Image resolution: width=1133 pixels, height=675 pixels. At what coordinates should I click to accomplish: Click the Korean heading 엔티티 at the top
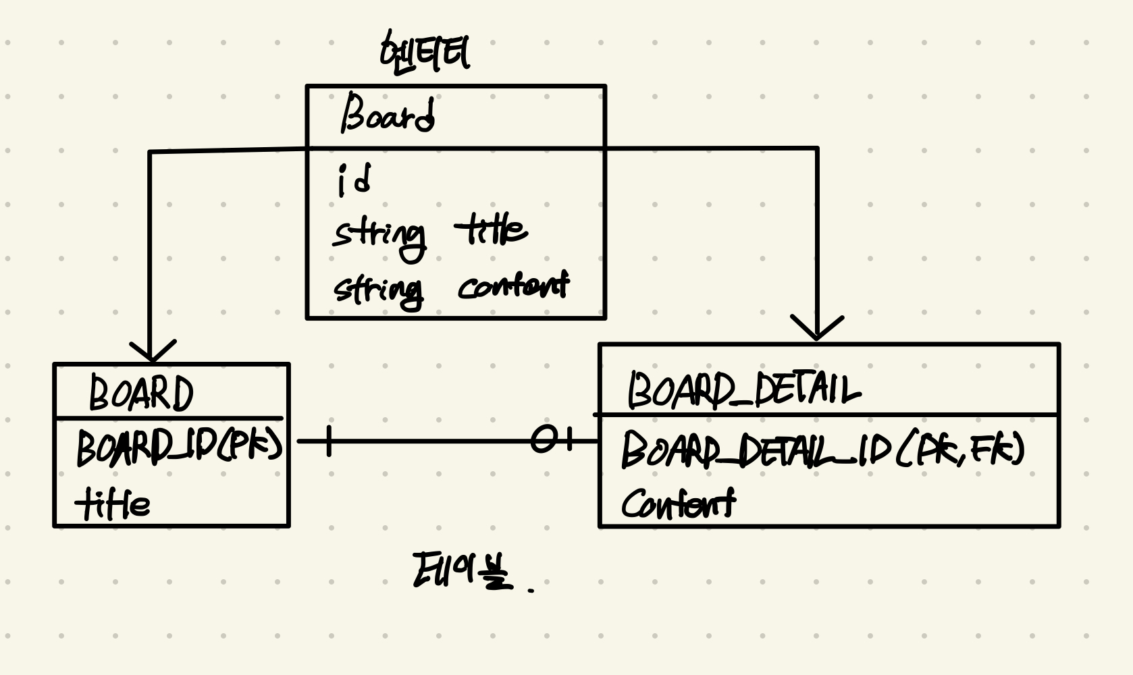[425, 53]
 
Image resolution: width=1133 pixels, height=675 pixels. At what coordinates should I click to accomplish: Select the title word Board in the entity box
[388, 115]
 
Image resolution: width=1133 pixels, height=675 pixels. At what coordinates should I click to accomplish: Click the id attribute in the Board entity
[354, 181]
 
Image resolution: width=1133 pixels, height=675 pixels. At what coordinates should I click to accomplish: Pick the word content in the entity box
[513, 286]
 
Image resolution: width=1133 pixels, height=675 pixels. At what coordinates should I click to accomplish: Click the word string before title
[379, 236]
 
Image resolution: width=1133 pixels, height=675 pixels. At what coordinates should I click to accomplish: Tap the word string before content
[379, 291]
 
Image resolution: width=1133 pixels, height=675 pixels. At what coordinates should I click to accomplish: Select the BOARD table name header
[141, 394]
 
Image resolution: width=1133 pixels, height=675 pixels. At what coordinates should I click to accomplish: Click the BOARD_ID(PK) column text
[179, 446]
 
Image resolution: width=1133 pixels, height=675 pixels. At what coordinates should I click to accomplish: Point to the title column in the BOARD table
[113, 504]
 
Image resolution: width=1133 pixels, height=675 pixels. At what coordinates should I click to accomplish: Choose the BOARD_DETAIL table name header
[744, 389]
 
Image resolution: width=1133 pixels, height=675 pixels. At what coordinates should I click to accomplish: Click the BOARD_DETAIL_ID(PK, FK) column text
[822, 450]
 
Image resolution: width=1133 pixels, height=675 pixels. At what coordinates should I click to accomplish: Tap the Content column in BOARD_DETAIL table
[678, 504]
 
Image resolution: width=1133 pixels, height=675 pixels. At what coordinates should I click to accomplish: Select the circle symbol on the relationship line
[543, 441]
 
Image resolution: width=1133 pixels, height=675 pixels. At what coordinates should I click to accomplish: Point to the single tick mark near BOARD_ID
[328, 441]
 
